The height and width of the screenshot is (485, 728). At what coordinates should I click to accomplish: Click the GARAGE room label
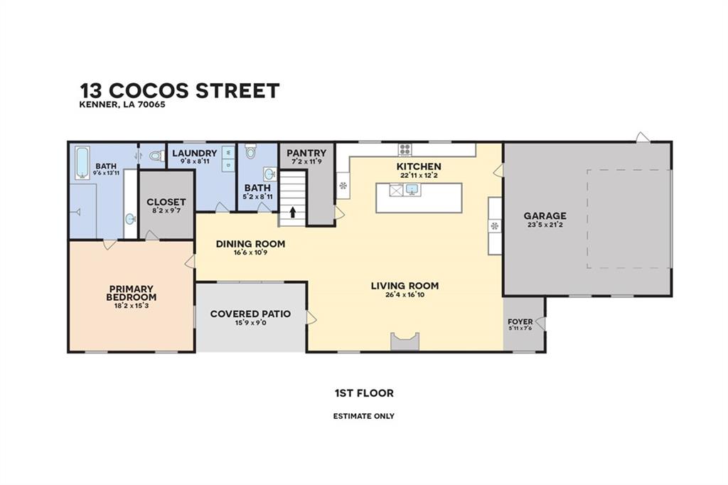[545, 215]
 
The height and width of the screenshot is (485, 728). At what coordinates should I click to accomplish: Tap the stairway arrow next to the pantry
[292, 213]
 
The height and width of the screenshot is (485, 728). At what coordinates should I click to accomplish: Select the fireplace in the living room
[405, 341]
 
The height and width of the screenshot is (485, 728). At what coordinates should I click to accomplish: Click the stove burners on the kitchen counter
[405, 149]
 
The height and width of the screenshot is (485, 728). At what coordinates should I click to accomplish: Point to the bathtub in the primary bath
[82, 163]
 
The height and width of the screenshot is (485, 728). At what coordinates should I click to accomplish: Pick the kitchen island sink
[412, 190]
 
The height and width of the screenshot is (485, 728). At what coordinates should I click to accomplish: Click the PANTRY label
[306, 153]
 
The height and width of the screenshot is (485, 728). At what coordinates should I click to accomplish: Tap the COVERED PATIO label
[251, 314]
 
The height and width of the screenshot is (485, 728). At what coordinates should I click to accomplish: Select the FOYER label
[520, 321]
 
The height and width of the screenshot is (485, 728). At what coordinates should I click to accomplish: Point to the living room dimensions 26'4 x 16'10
[405, 294]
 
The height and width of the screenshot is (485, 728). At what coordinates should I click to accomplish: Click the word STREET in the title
[237, 90]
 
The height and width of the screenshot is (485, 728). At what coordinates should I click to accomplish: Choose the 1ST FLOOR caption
[364, 393]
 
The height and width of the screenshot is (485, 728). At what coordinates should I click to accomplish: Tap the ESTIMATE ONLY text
[364, 416]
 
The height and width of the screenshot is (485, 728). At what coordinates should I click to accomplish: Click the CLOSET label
[166, 202]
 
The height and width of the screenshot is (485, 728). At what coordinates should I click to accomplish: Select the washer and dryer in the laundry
[228, 158]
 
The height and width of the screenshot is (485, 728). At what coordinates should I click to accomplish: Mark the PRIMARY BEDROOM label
[132, 293]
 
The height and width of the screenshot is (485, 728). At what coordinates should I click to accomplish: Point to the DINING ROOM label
[251, 244]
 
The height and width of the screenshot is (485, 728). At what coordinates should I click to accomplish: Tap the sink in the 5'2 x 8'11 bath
[269, 174]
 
